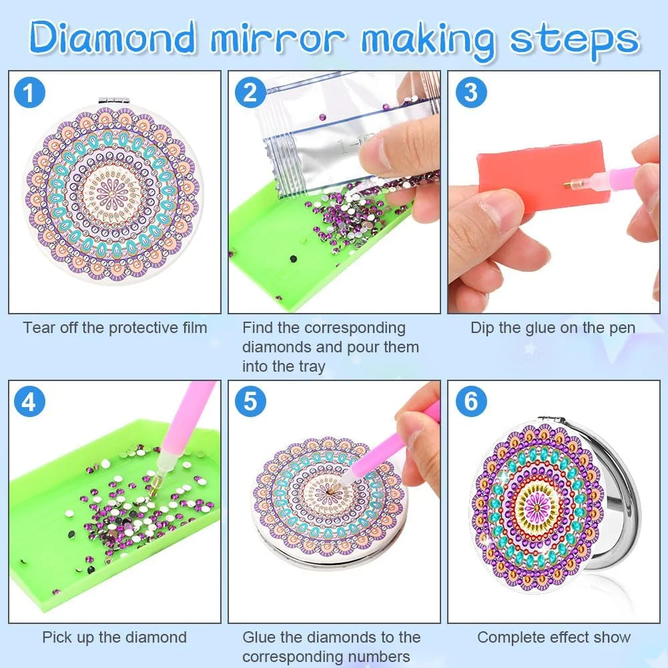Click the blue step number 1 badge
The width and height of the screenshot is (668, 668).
(29, 93)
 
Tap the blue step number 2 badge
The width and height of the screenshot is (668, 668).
(250, 93)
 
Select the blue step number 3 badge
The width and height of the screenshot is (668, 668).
(470, 93)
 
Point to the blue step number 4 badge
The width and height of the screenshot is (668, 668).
(29, 401)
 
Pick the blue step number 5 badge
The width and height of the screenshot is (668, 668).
(250, 401)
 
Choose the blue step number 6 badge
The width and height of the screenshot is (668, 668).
(470, 401)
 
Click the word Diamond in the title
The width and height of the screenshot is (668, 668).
(113, 37)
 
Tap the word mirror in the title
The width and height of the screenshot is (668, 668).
(279, 38)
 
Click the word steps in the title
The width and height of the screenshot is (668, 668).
(575, 41)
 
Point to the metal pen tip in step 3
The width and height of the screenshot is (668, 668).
(569, 186)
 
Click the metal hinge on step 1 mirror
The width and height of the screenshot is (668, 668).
(113, 100)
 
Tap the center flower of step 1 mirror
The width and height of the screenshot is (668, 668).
(112, 194)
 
